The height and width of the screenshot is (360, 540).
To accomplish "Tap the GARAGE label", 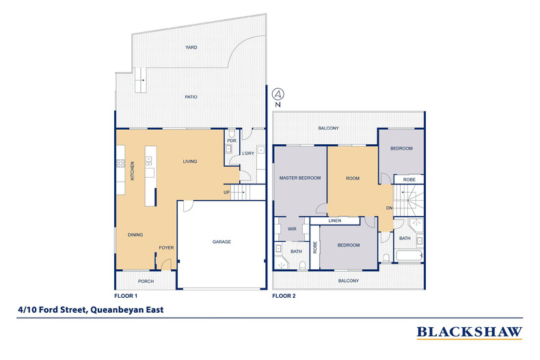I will (221, 242).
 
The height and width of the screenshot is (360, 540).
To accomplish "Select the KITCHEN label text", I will (133, 171).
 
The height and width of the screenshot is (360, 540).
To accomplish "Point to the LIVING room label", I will (189, 161).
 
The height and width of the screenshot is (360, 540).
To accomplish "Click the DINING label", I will (135, 235).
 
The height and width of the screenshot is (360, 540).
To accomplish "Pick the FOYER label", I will (166, 248).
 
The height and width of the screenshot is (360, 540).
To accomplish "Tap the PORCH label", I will (146, 281).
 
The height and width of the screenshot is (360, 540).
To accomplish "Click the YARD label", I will (191, 48).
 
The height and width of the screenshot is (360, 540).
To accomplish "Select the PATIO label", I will (191, 97).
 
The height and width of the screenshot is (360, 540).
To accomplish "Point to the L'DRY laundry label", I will (248, 153).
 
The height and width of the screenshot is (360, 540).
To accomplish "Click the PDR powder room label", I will (232, 141).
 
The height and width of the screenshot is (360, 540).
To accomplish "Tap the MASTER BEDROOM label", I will (300, 178).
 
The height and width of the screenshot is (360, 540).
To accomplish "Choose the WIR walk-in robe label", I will (292, 229).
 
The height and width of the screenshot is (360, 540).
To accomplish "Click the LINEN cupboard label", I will (334, 221).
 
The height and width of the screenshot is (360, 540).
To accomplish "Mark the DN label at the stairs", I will (389, 208).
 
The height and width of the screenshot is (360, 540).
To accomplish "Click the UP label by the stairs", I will (226, 193).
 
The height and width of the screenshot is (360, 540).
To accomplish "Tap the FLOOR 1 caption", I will (126, 296).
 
